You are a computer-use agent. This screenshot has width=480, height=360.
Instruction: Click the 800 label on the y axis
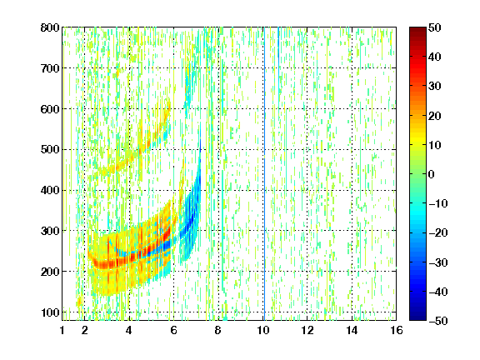(x=50, y=27)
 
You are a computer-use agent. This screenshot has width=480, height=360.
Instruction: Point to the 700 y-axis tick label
(x=50, y=68)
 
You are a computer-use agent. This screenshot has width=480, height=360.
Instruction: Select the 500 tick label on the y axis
(x=50, y=150)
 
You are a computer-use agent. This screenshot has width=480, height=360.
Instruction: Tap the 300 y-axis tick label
(x=50, y=231)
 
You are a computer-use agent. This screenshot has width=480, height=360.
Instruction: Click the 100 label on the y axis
(x=50, y=312)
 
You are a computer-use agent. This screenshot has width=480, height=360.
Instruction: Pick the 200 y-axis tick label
(x=50, y=272)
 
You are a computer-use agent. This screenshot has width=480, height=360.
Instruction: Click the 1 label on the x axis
(x=62, y=330)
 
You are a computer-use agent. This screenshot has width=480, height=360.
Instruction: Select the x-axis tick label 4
(x=129, y=330)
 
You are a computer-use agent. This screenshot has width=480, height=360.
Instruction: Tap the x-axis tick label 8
(x=217, y=330)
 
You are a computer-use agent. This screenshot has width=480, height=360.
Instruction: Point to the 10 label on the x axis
(x=263, y=330)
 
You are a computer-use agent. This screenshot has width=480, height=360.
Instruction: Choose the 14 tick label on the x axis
(x=352, y=330)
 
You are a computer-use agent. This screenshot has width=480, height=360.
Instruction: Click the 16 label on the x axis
(x=397, y=330)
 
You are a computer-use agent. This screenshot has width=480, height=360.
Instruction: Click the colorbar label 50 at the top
(x=435, y=27)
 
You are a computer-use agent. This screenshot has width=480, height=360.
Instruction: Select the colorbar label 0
(x=432, y=174)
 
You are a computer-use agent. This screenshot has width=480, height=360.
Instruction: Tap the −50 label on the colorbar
(x=438, y=321)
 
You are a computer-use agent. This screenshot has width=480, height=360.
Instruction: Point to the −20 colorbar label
(x=438, y=232)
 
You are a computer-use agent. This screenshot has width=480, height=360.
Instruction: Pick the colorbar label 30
(x=435, y=87)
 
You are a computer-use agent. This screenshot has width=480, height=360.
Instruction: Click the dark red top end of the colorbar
(x=417, y=29)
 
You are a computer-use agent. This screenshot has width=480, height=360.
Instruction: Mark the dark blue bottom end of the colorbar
(x=417, y=318)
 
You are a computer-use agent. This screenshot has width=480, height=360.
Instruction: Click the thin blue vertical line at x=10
(x=264, y=174)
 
